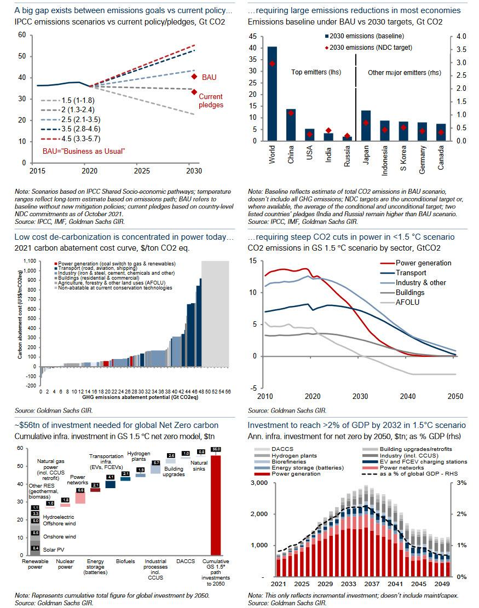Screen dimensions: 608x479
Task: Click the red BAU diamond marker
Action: (x=194, y=76)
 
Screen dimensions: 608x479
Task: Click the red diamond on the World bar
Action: (x=272, y=63)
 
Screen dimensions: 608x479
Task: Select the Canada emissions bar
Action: (x=441, y=132)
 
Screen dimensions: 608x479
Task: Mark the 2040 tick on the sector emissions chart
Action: (x=407, y=396)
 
